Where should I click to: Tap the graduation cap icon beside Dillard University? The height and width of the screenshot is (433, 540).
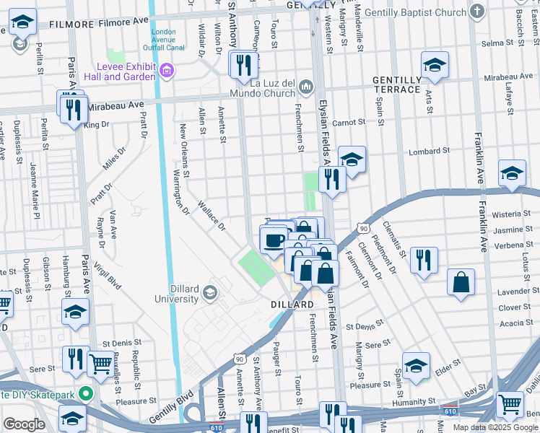(210, 292)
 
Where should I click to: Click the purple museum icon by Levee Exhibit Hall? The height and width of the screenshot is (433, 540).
(167, 71)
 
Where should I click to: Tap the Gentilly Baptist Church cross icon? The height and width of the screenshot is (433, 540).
(476, 12)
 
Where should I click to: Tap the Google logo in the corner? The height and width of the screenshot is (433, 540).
(24, 425)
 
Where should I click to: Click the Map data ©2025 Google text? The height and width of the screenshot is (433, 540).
(496, 427)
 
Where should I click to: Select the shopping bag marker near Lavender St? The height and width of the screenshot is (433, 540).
(461, 283)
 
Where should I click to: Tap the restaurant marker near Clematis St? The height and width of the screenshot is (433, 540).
(424, 260)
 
